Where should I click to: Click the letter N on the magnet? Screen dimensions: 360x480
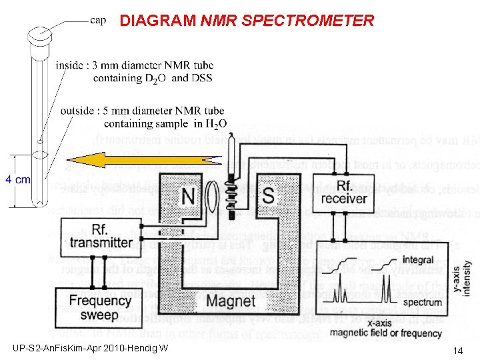(189, 196)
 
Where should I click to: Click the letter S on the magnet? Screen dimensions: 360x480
(268, 196)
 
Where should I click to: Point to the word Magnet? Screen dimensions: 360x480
(231, 301)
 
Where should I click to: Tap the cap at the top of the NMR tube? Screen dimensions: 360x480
(39, 32)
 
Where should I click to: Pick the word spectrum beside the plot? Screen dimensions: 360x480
(422, 302)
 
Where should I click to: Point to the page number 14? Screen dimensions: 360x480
(458, 351)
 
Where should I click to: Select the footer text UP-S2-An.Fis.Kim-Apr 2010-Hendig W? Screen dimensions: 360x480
(90, 349)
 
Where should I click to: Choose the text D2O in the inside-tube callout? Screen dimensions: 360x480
(152, 78)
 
